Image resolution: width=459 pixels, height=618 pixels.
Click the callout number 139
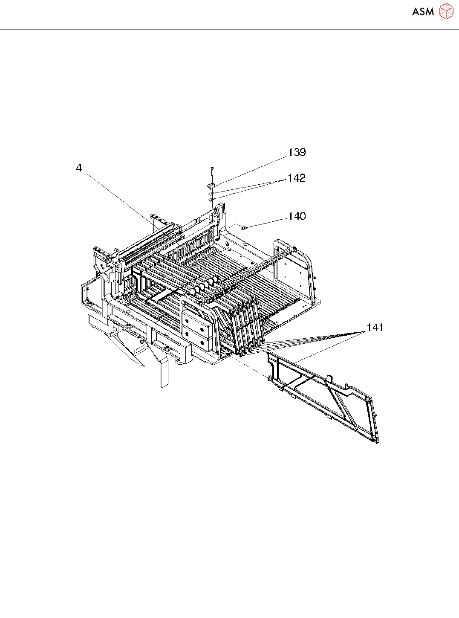tap(297, 152)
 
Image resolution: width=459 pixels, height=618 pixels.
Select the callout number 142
tap(297, 178)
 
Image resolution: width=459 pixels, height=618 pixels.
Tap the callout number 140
tap(297, 216)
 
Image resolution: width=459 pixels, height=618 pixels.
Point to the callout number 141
tap(375, 327)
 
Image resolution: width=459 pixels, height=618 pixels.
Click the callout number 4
tap(79, 168)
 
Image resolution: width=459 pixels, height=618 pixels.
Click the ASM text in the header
tap(423, 12)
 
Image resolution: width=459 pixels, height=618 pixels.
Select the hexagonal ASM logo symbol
tap(446, 12)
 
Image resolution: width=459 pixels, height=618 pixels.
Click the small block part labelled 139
tap(211, 186)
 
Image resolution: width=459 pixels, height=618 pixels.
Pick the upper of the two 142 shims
tap(211, 193)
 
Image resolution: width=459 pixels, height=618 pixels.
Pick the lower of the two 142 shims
tap(211, 199)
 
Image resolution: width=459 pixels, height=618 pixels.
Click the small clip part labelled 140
tap(244, 228)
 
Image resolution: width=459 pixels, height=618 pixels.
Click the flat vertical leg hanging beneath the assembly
tap(164, 373)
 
